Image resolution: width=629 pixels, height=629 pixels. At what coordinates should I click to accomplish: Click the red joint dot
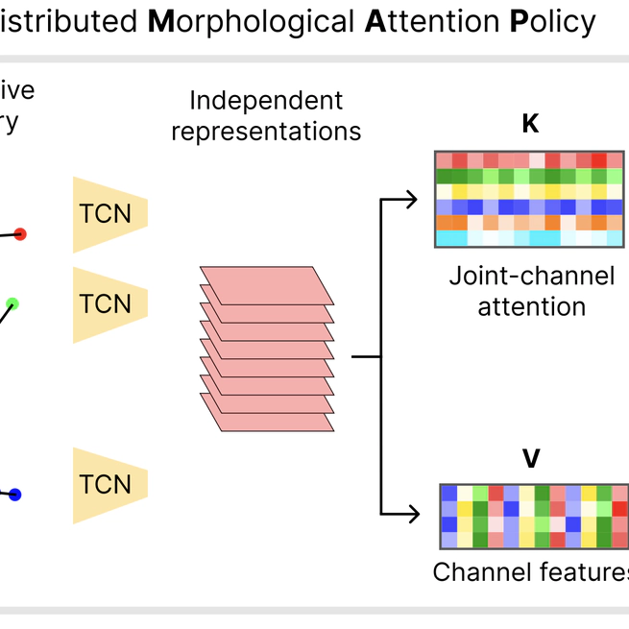click(x=20, y=233)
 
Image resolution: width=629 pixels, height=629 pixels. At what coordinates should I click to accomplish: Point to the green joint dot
click(x=12, y=304)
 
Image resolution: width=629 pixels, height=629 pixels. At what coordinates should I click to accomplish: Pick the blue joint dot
click(x=14, y=495)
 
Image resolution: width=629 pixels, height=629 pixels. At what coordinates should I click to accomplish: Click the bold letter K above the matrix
click(x=529, y=125)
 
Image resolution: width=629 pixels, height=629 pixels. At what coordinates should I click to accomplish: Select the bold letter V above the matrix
click(x=530, y=459)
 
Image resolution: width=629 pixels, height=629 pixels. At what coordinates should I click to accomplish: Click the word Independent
click(x=266, y=101)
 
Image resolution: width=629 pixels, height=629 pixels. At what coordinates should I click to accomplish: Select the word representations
click(x=266, y=132)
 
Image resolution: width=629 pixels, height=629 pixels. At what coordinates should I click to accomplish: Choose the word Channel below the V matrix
click(x=477, y=572)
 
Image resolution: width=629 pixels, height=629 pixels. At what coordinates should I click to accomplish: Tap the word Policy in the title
click(x=552, y=21)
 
